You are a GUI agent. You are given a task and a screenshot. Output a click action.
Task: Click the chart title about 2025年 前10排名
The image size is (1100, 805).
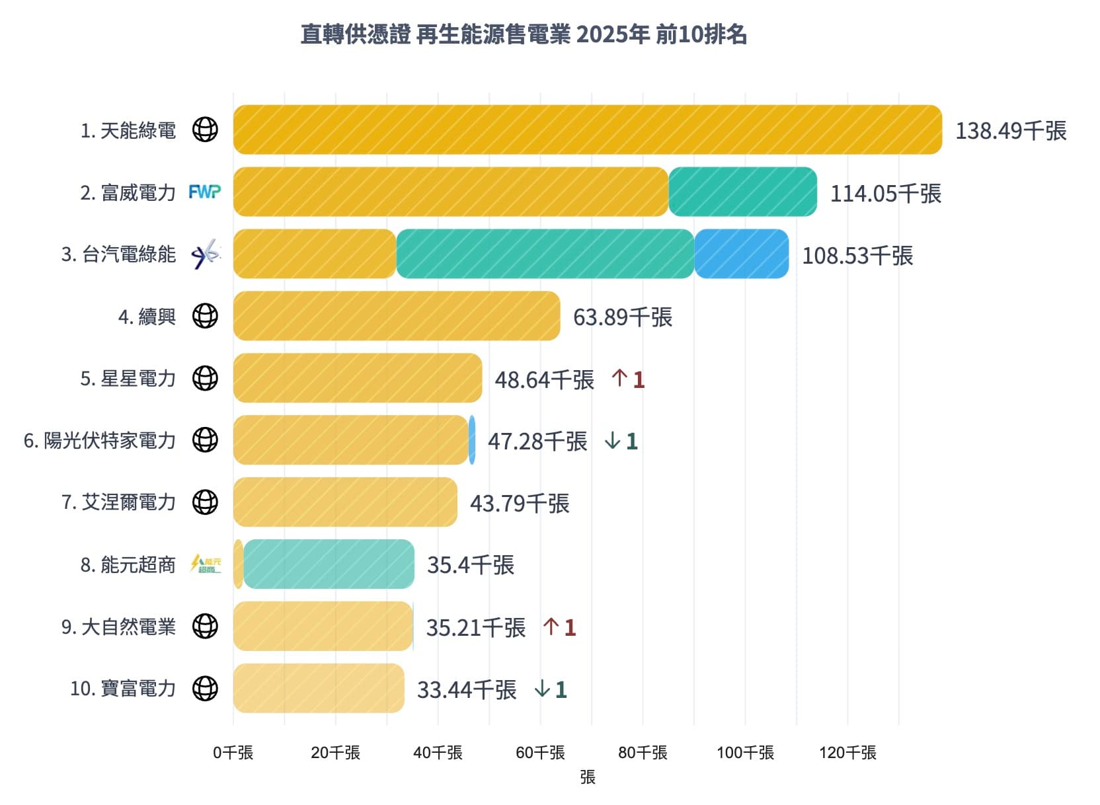tap(524, 34)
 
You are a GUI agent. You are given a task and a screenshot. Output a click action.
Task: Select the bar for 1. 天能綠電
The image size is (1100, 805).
tap(587, 130)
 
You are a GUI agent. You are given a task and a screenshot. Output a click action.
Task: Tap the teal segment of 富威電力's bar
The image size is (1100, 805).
tap(742, 192)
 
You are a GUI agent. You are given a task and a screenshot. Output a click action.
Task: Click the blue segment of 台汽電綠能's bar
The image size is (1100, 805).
tap(741, 254)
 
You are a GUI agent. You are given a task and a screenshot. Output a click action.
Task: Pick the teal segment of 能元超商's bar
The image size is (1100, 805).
tap(329, 564)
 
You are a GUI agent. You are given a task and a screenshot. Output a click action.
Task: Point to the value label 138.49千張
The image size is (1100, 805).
tap(1010, 131)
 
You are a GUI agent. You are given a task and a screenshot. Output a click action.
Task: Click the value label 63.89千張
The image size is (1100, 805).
tap(622, 317)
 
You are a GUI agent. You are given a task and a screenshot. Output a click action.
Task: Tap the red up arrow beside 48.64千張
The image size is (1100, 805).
tap(619, 378)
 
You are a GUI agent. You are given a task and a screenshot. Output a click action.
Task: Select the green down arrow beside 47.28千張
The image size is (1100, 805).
tap(612, 440)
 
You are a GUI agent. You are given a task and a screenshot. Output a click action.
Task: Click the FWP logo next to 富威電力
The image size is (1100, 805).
tap(205, 192)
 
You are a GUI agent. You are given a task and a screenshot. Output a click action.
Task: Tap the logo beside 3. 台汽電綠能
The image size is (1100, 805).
tap(205, 254)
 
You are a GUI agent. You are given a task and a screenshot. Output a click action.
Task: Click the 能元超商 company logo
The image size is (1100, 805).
tap(205, 564)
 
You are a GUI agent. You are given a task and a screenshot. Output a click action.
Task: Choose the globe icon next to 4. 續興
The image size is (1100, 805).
tap(205, 316)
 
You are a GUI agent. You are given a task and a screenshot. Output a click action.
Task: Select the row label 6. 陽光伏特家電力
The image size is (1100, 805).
tap(100, 440)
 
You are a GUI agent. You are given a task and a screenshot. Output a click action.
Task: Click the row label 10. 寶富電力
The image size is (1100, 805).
tap(123, 688)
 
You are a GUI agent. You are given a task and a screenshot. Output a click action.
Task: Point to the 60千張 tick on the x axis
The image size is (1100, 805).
tap(540, 752)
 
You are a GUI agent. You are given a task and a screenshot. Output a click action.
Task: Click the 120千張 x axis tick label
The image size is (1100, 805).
tap(847, 752)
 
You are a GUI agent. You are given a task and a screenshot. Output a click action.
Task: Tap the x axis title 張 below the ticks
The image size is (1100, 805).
tap(587, 777)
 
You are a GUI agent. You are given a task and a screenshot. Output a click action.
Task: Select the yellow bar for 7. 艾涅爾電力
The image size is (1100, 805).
tap(345, 502)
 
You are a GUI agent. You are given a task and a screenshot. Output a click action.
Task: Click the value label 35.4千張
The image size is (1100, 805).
tap(470, 565)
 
